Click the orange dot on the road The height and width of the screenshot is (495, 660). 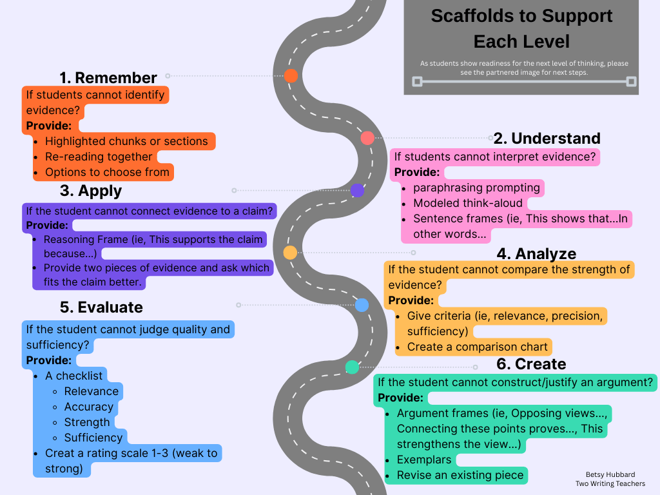(291, 75)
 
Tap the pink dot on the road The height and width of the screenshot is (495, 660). (367, 137)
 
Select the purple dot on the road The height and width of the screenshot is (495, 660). (357, 190)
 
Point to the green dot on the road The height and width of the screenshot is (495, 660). (352, 367)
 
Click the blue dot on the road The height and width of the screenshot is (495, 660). (362, 305)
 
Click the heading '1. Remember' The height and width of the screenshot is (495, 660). (108, 78)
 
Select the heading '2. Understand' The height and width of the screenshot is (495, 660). (547, 139)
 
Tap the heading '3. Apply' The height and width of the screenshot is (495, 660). (91, 191)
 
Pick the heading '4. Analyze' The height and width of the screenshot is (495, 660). (536, 254)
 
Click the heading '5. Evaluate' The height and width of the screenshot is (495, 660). (101, 307)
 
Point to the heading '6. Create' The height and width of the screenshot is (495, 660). (531, 364)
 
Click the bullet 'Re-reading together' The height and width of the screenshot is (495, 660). (99, 157)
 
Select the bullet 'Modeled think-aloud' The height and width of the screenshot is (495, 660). (468, 203)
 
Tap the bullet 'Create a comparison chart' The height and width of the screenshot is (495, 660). (477, 347)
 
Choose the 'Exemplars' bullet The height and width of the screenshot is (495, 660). (424, 460)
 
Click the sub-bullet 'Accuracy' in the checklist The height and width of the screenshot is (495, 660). (89, 407)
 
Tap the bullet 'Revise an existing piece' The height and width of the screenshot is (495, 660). (460, 476)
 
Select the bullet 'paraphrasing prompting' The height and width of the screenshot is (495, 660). (476, 188)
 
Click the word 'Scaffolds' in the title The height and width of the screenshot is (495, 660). (471, 16)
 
